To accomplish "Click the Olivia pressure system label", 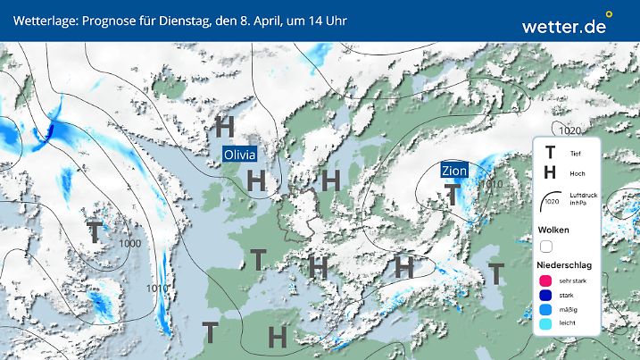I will [239, 154].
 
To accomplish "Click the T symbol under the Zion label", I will [453, 192].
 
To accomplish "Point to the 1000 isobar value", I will [130, 243].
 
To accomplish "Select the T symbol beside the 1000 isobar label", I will [94, 231].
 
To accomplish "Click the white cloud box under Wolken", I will [546, 246].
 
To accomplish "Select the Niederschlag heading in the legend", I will [565, 265].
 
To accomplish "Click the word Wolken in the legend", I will [553, 230].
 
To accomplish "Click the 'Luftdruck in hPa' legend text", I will [581, 197].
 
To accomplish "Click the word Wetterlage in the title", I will [41, 20].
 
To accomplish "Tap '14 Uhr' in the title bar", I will [325, 20].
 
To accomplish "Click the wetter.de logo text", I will [563, 27].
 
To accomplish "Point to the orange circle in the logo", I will [609, 14].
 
